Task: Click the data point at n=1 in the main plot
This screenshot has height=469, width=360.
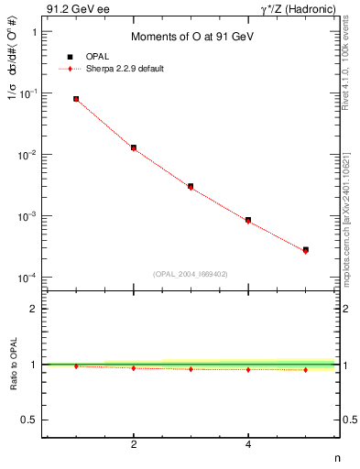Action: click(76, 99)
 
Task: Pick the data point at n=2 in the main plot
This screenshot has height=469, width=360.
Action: click(134, 147)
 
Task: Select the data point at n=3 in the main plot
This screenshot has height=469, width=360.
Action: click(191, 187)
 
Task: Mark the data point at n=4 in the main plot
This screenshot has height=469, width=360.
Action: click(248, 221)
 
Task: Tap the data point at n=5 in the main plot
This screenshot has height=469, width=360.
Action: click(305, 250)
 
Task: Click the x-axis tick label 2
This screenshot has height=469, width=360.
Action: click(134, 445)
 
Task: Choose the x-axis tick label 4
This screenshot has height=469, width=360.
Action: click(248, 445)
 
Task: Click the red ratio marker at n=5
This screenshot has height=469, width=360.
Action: click(305, 370)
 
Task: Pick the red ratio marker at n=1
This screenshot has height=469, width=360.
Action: click(76, 366)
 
